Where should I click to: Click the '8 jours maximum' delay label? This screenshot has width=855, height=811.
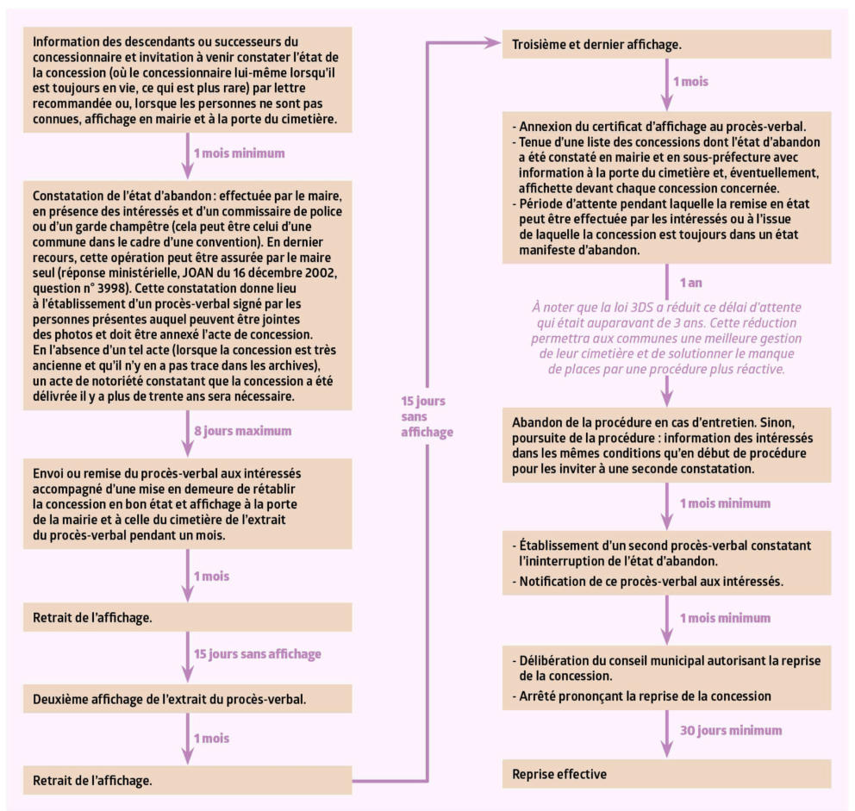pos(243,430)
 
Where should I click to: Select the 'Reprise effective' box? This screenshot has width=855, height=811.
pos(666,773)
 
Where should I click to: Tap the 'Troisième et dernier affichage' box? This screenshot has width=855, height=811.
pos(666,44)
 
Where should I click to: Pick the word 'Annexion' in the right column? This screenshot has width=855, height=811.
pos(548,127)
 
